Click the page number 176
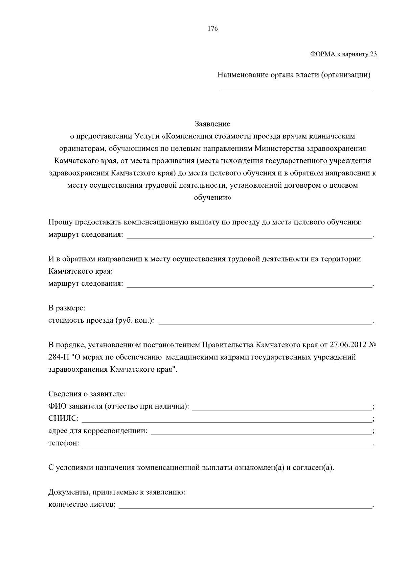click(213, 29)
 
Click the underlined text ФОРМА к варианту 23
click(343, 54)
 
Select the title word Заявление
click(212, 124)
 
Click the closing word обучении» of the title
click(212, 198)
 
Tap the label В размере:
click(67, 308)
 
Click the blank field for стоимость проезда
click(265, 323)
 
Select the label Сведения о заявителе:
click(87, 394)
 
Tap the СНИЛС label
click(63, 419)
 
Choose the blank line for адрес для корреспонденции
click(261, 433)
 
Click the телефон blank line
click(226, 445)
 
